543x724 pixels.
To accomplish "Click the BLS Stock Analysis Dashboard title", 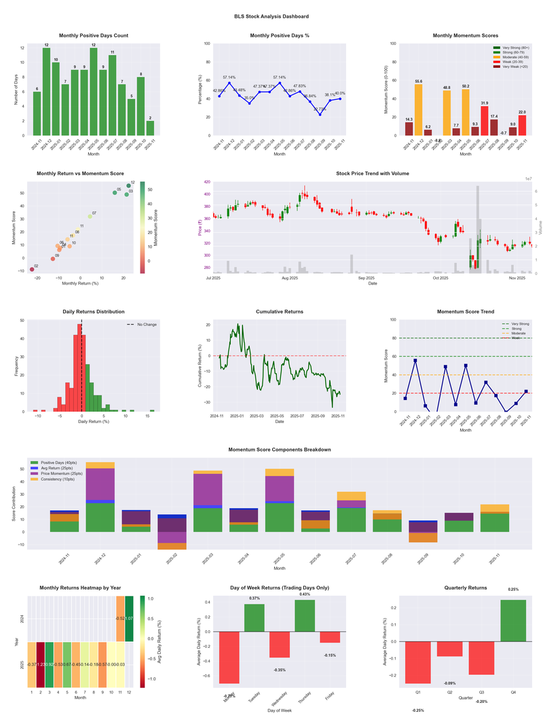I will [x=271, y=16].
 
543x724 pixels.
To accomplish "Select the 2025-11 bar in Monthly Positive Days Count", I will [x=150, y=128].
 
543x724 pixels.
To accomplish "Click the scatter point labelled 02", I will [x=32, y=270].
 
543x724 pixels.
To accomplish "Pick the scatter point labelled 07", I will [x=90, y=217].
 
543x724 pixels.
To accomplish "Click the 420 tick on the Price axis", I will [x=207, y=183].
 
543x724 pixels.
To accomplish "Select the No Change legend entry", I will [x=141, y=325].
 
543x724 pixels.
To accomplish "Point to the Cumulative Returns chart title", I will [x=280, y=312].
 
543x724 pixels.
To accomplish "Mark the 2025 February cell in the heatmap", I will [x=40, y=665].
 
